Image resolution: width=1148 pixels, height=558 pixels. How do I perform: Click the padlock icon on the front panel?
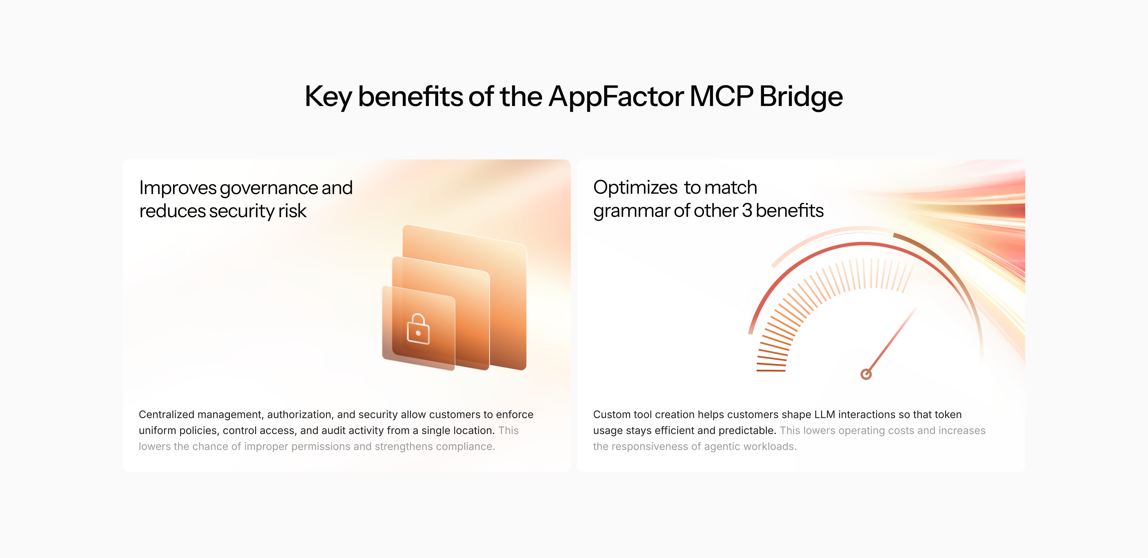[418, 329]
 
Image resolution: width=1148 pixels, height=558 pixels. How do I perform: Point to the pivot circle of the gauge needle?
[866, 374]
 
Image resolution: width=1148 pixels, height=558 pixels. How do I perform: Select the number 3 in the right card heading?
[747, 210]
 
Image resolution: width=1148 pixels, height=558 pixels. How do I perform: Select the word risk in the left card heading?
[292, 211]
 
